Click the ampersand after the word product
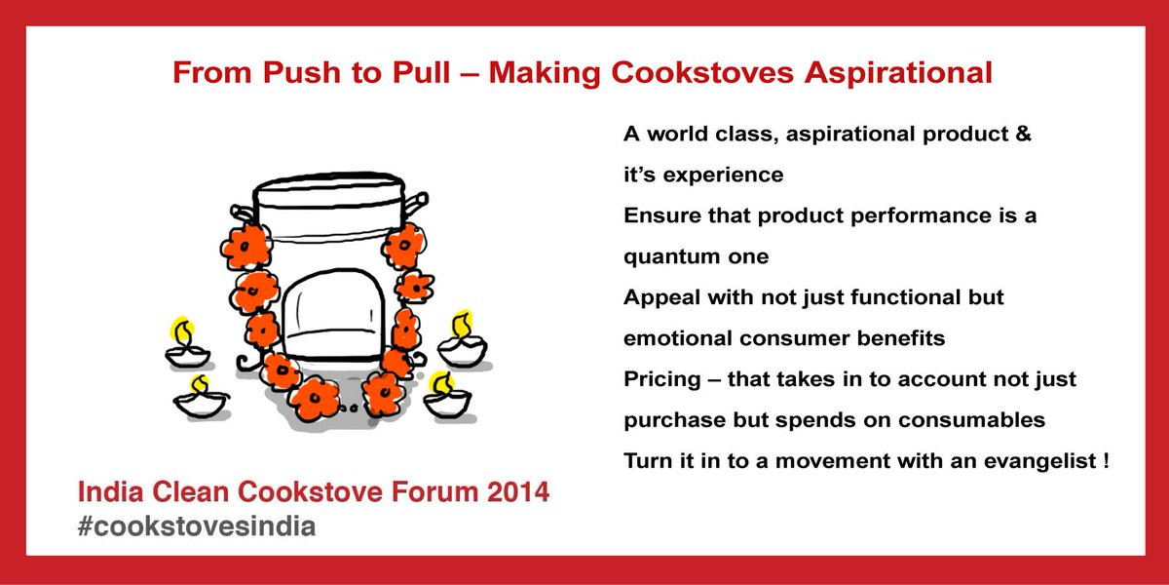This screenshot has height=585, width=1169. point(1023,135)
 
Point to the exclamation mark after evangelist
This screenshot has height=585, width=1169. point(1106,459)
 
